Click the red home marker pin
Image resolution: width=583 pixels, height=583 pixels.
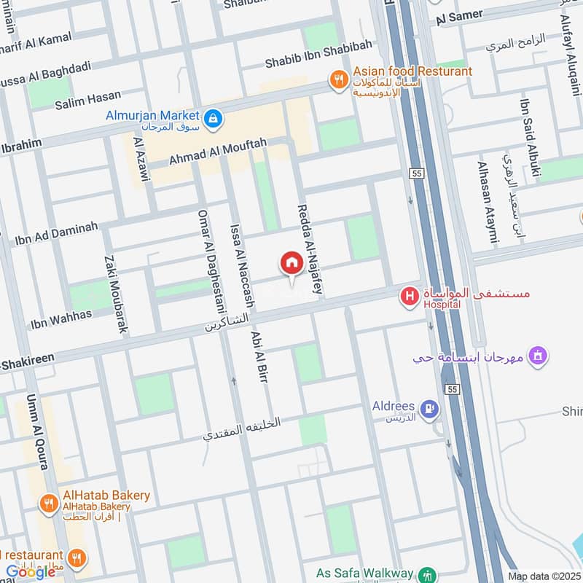pos(291,264)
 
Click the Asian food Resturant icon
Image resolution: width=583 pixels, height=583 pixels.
pos(338,79)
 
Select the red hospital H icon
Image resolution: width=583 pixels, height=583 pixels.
pos(410,297)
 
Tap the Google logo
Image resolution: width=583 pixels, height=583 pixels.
pos(31,572)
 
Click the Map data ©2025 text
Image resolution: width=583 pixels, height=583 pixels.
pos(544,576)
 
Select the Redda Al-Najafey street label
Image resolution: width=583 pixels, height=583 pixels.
pos(310,249)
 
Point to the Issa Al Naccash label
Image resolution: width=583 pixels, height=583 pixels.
pos(240,266)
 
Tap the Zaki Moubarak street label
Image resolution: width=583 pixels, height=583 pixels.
pos(117,294)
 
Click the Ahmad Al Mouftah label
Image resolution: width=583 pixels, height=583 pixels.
pos(218,152)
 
